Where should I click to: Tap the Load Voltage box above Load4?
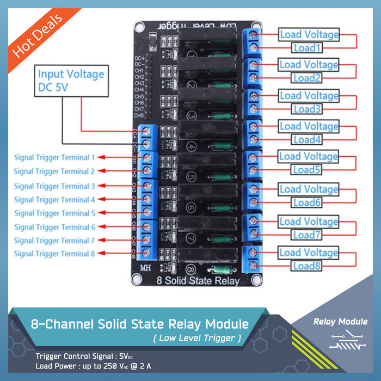point(309,126)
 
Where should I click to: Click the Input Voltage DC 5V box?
point(71,80)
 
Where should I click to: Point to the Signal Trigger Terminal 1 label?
point(54,157)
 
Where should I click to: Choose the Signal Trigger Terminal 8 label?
point(54,253)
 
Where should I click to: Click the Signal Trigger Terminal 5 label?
point(54,213)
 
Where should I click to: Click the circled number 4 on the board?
point(192,146)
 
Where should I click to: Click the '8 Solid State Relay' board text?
point(198,281)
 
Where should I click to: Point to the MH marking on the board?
point(145,268)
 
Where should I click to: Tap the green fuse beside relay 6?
point(220,208)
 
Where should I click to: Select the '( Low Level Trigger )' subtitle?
point(197,339)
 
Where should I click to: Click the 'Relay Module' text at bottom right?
point(340,322)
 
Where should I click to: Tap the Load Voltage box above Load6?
point(309,189)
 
